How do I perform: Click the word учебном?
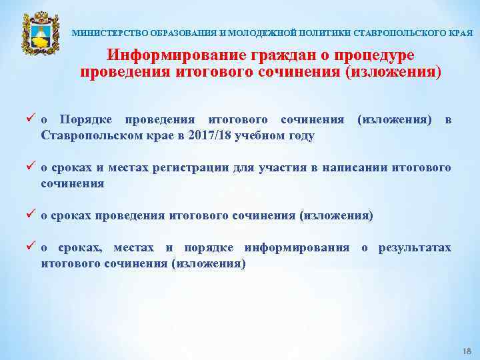click(254, 135)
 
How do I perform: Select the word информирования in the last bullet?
click(297, 248)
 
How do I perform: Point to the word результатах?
click(415, 248)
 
